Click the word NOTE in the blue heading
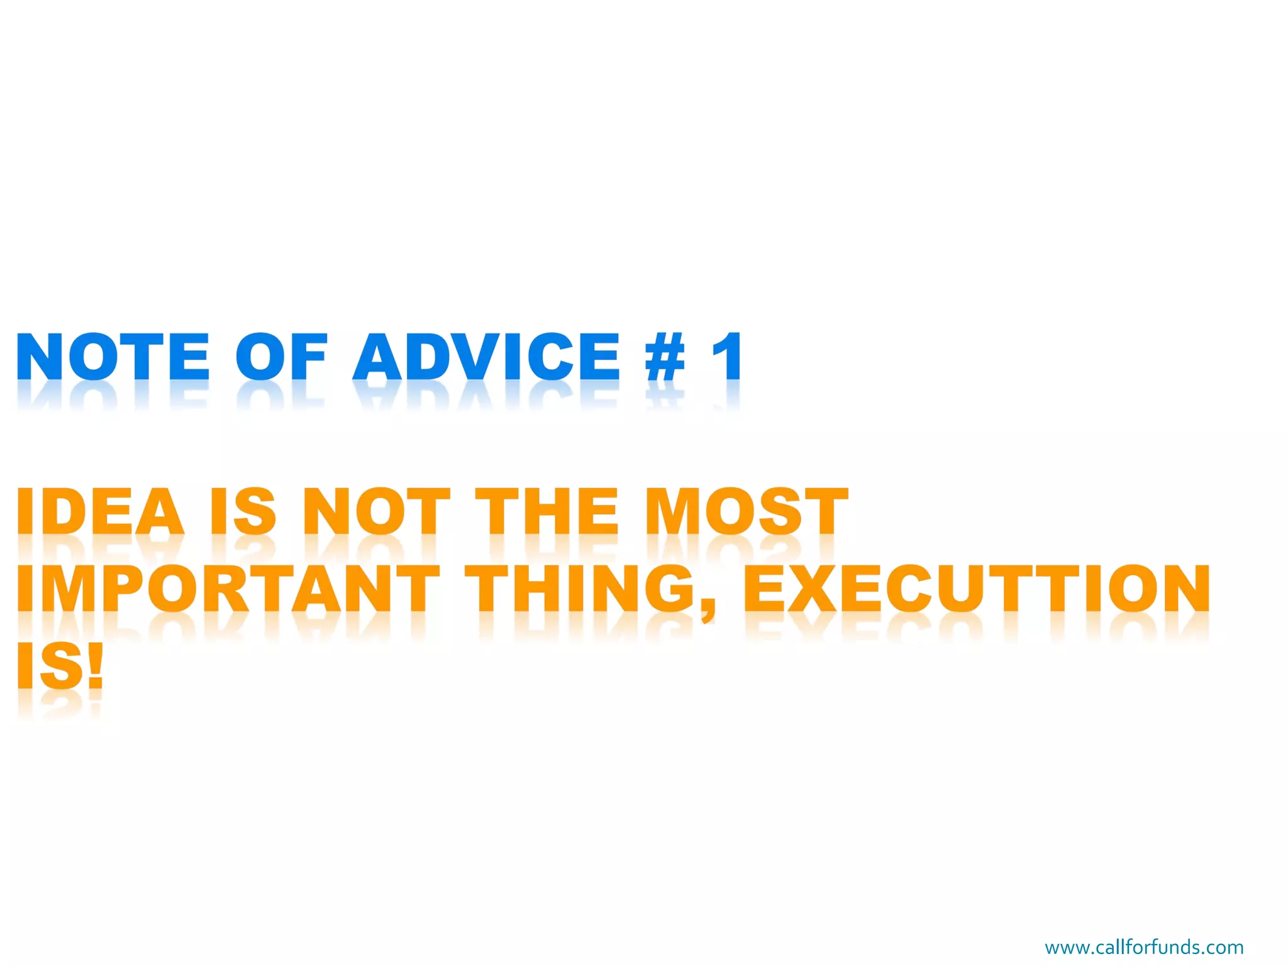[113, 357]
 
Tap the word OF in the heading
[281, 357]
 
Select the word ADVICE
[486, 357]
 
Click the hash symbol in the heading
[665, 357]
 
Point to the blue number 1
[728, 357]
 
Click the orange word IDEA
[101, 511]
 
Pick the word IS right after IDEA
[243, 511]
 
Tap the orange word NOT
[376, 511]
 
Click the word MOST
[747, 511]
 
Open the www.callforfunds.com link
[1144, 947]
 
